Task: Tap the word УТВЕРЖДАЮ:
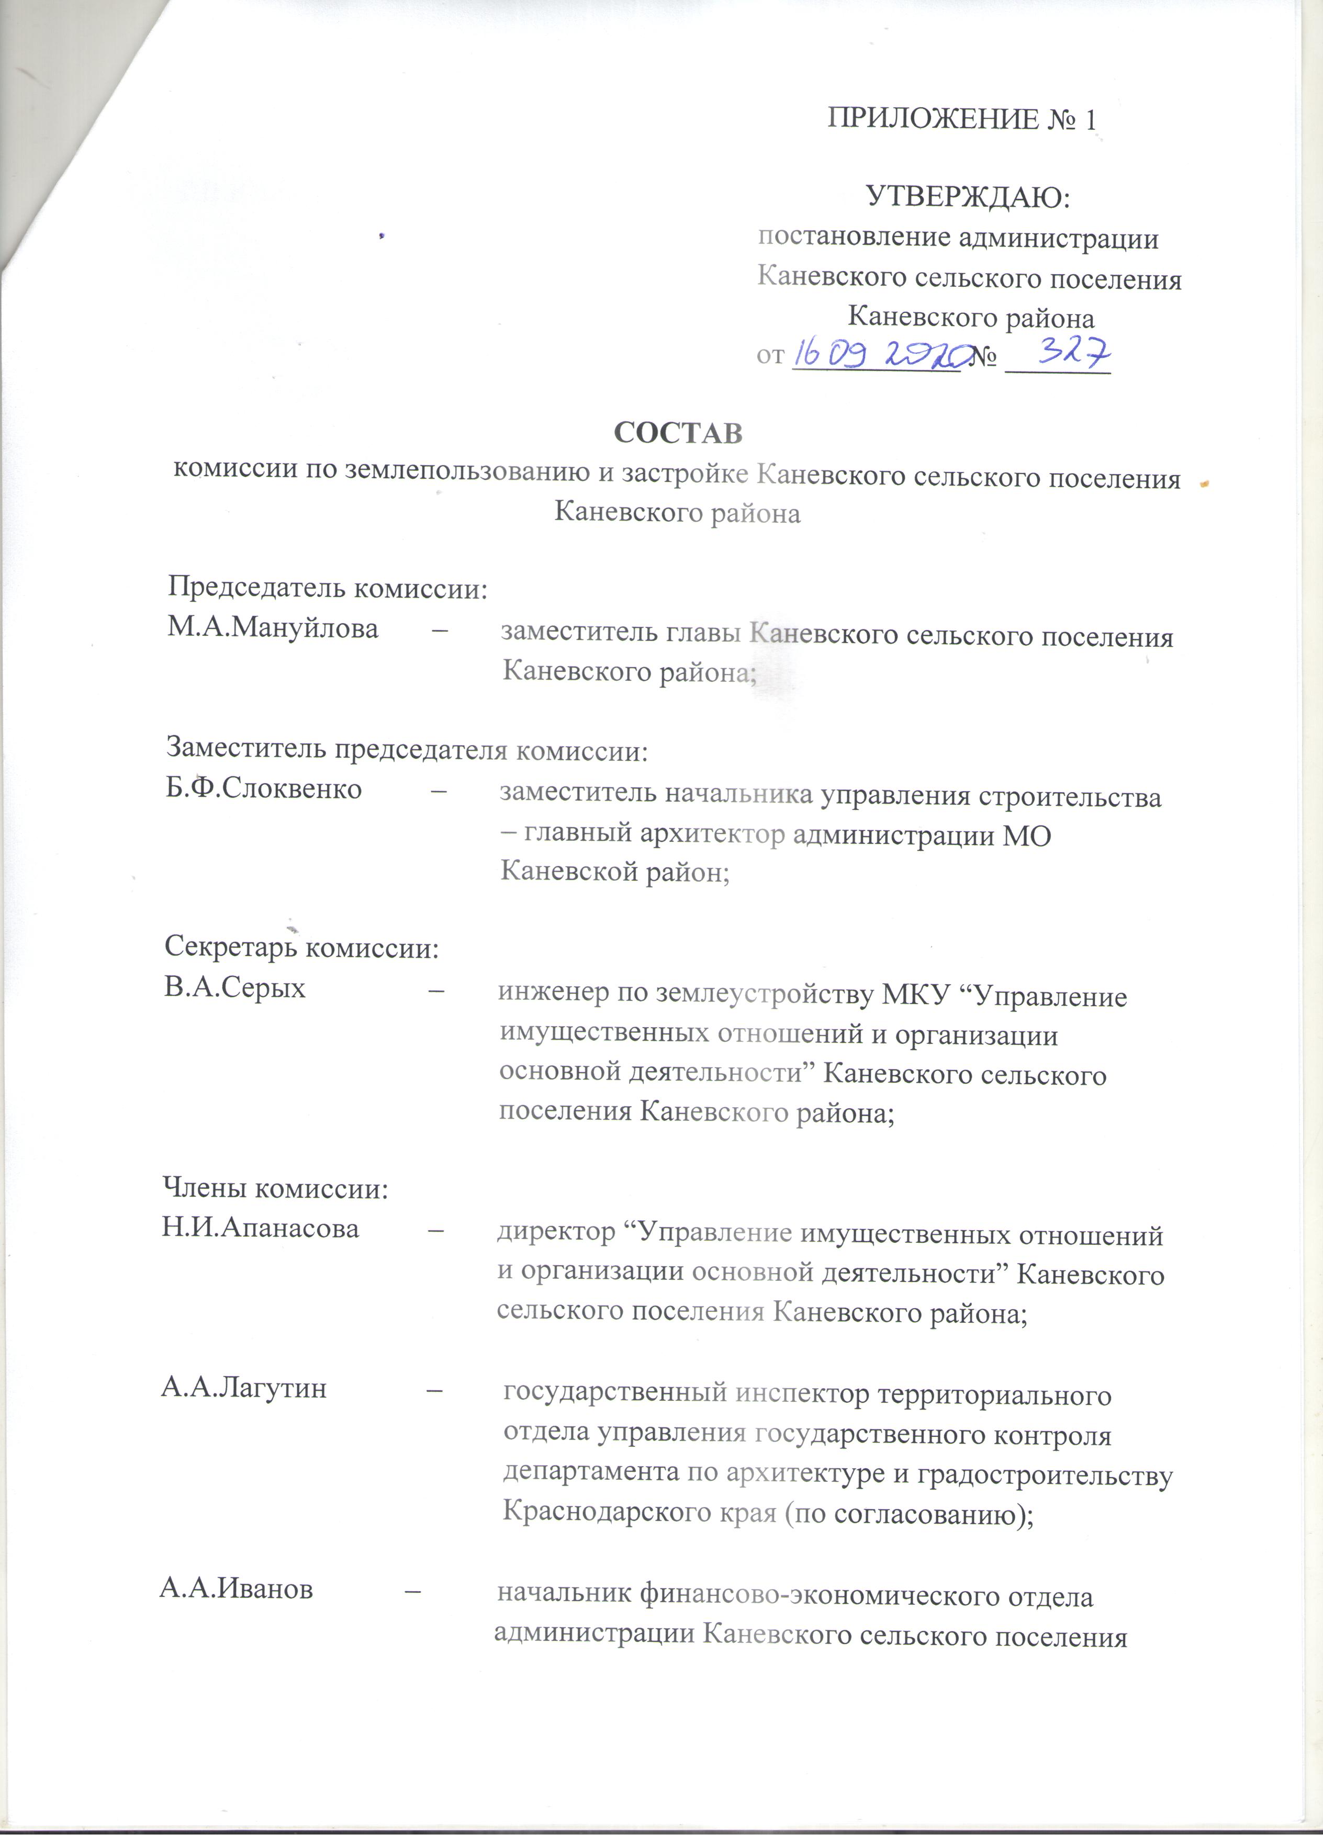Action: pos(968,197)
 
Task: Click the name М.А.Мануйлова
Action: pos(273,628)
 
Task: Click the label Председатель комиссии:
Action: pos(328,588)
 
